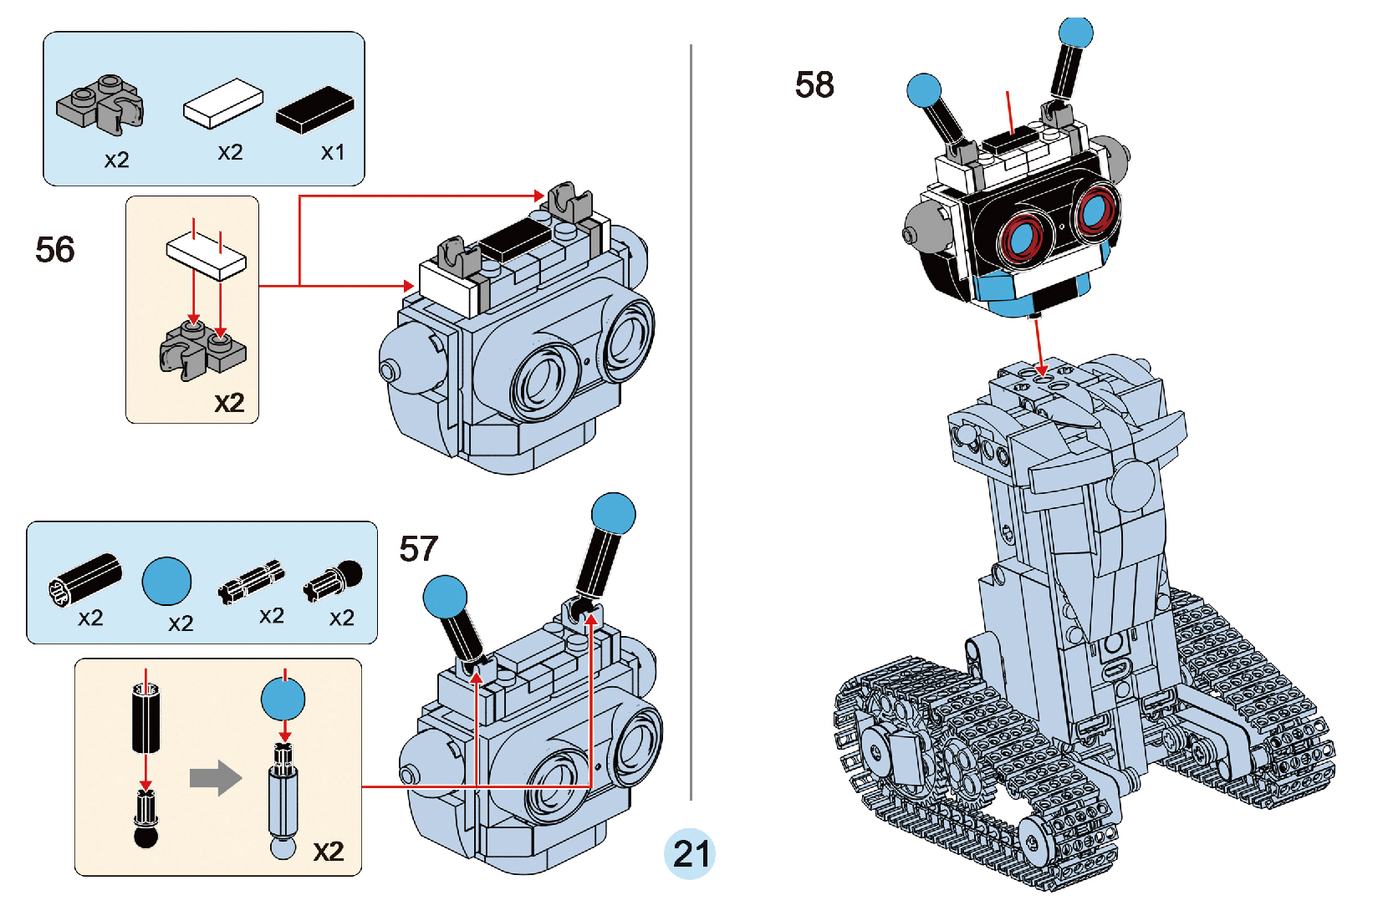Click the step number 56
click(x=55, y=250)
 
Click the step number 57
click(x=418, y=549)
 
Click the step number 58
click(x=814, y=84)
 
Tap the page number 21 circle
click(x=691, y=853)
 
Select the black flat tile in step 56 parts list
click(x=315, y=109)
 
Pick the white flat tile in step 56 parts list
click(x=223, y=104)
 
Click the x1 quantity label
click(x=333, y=152)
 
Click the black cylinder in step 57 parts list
click(x=85, y=578)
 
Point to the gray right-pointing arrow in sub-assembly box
click(x=216, y=778)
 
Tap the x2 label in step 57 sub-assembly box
click(x=329, y=852)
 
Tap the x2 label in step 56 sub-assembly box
click(x=229, y=403)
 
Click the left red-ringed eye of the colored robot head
click(x=1022, y=238)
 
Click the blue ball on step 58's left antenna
click(x=924, y=90)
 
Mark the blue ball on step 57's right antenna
click(x=613, y=513)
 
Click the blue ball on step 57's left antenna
click(x=445, y=597)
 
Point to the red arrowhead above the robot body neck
click(x=1041, y=369)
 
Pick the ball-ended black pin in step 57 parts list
click(x=334, y=578)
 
